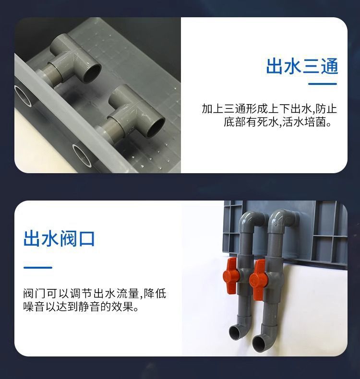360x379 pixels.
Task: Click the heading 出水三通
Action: [302, 66]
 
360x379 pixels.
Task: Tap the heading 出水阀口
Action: [59, 238]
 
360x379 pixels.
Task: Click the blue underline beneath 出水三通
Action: [322, 84]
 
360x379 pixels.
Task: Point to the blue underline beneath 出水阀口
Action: [37, 267]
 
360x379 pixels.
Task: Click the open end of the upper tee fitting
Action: [93, 72]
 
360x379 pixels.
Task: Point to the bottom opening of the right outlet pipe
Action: [260, 342]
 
